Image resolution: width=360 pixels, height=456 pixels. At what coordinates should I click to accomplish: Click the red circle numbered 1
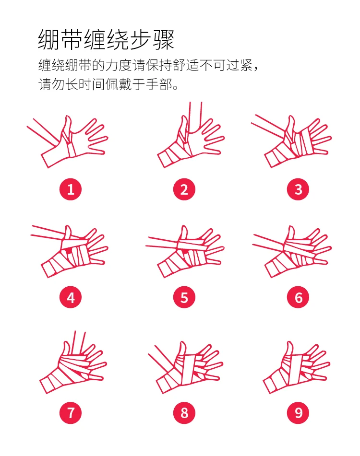coord(71,189)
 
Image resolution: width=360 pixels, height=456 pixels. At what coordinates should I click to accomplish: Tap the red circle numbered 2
coord(184,189)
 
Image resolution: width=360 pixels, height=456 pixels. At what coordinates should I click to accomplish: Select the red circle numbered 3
coord(298,189)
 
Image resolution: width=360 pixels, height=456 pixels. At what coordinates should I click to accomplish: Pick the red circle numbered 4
coord(71,297)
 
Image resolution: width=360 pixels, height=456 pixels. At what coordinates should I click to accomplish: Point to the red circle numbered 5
coord(184,297)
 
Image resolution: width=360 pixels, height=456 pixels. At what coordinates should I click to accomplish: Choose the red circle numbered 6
coord(298,297)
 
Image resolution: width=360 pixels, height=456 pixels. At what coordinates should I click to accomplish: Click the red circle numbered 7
coord(71,413)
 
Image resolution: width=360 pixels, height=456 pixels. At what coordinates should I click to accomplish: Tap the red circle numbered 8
coord(184,413)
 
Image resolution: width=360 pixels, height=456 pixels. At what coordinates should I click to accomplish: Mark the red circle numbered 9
coord(298,413)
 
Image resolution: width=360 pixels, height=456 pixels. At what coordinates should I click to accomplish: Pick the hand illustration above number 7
coord(73,363)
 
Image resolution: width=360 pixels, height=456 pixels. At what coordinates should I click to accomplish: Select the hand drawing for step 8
coord(186,367)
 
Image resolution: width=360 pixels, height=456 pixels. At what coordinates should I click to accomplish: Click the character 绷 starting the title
coord(49,39)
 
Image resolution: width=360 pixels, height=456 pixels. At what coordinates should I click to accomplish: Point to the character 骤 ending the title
coord(163,39)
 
